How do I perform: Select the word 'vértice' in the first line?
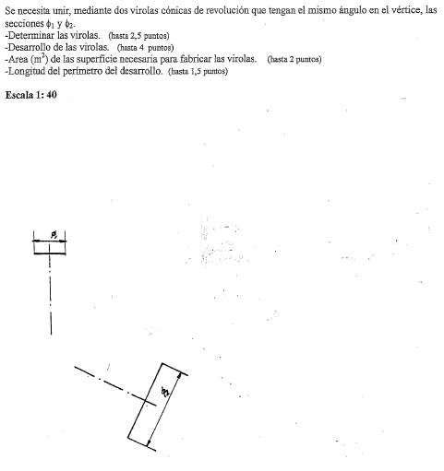(x=406, y=10)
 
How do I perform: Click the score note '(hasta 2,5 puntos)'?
(x=138, y=36)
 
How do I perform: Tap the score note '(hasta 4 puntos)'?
(x=145, y=48)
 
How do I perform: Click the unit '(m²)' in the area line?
(x=39, y=58)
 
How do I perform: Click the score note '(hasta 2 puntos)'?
(x=294, y=59)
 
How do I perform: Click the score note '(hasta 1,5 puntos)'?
(x=198, y=72)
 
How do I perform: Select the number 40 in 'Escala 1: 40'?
(x=52, y=95)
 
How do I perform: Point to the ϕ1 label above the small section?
(x=54, y=235)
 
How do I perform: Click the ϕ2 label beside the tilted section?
(x=166, y=392)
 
